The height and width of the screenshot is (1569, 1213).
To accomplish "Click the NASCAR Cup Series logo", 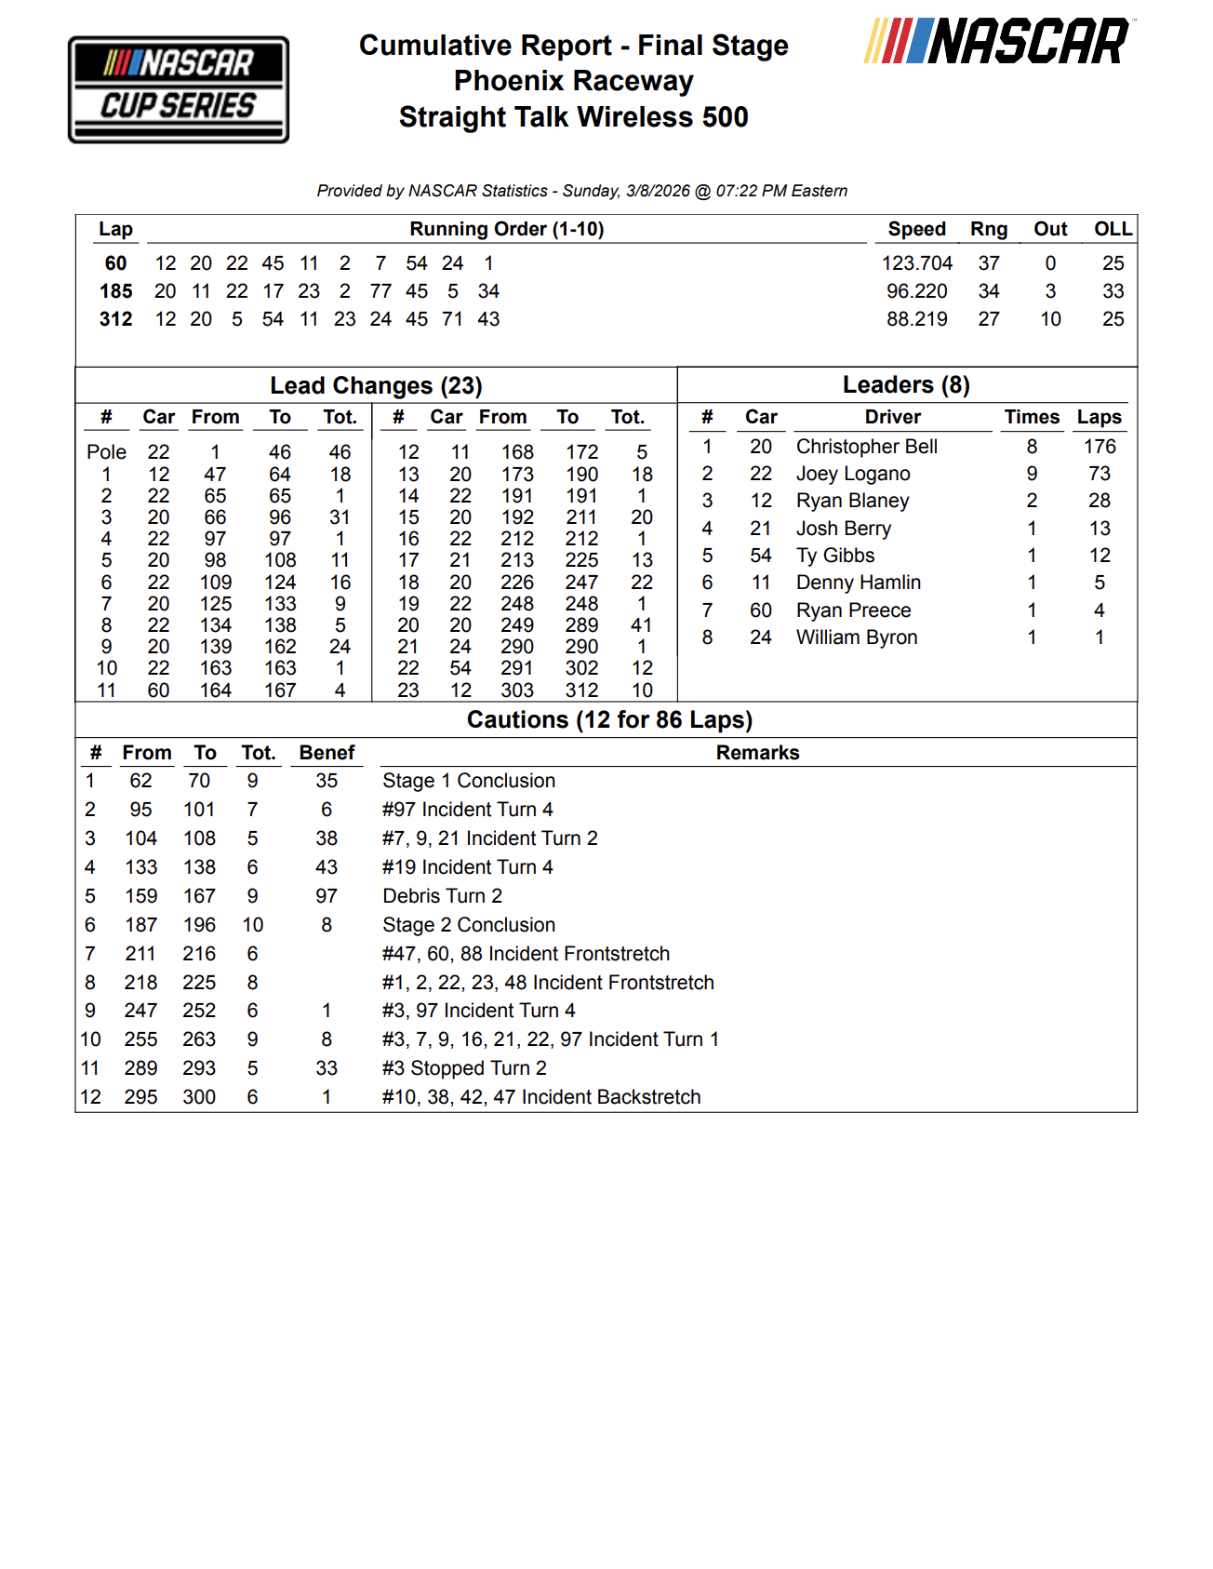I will (x=179, y=89).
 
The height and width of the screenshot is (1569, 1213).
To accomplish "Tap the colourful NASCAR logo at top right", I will (x=998, y=42).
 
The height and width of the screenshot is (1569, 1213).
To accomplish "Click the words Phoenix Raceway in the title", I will (x=573, y=81).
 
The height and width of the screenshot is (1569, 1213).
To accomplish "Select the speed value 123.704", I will (x=916, y=263).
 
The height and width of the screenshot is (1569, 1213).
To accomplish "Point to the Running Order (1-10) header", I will (x=506, y=229).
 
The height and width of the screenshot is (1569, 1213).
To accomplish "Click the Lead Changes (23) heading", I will (x=376, y=385).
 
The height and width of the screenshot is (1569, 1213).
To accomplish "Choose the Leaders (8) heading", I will (x=906, y=384).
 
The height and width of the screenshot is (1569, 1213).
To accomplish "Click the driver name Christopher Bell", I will (x=866, y=447).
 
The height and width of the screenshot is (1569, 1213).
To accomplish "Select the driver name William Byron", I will (x=856, y=637).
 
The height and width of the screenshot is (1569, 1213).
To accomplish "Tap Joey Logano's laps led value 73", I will (x=1099, y=474).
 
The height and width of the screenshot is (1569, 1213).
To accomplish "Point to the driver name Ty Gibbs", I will (x=834, y=556).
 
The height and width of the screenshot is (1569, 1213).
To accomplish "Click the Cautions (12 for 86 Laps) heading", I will (x=609, y=719).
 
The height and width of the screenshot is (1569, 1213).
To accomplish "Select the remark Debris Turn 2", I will (x=442, y=896).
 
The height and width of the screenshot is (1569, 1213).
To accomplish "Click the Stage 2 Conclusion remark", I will (x=469, y=925).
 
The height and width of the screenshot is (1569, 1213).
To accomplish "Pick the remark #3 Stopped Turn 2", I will (x=464, y=1068).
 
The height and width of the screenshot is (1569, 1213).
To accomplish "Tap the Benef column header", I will (x=327, y=753).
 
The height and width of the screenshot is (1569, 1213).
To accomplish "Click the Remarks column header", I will (x=757, y=753).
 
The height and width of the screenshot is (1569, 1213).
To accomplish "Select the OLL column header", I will (x=1113, y=229).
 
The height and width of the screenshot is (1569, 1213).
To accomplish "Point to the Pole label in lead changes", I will (x=106, y=452).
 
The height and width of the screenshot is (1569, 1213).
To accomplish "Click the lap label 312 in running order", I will (x=115, y=319).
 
